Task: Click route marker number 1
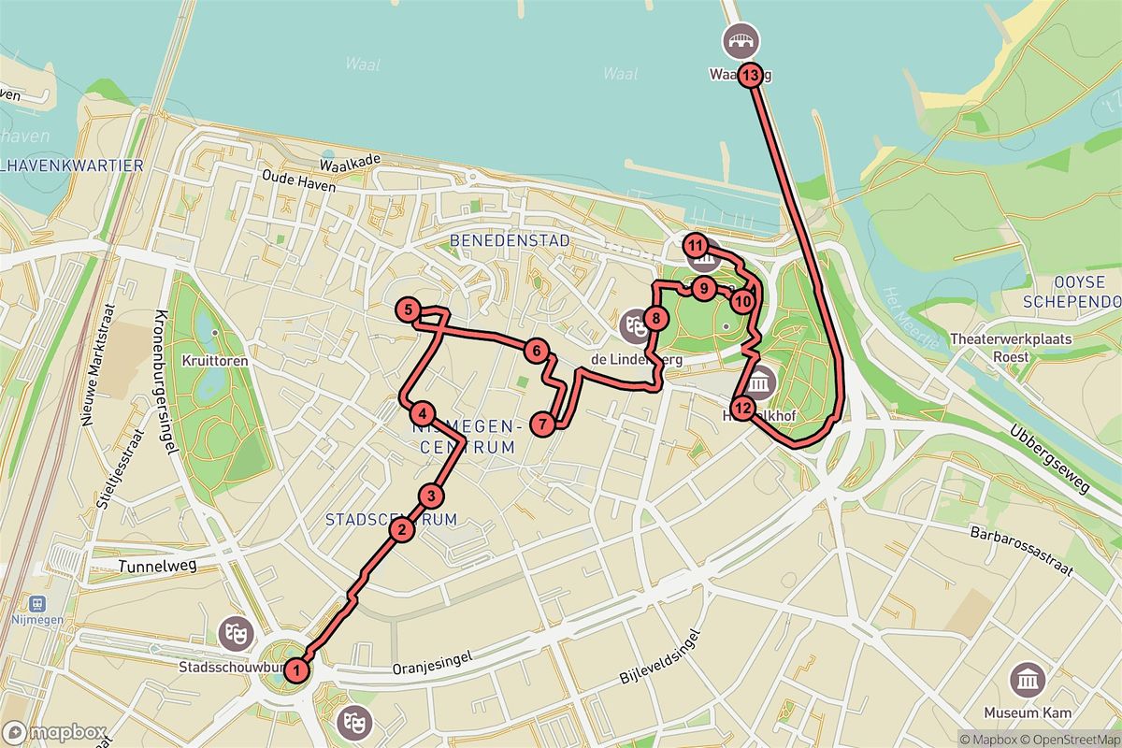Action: pyautogui.click(x=296, y=669)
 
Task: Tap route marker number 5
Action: pyautogui.click(x=407, y=309)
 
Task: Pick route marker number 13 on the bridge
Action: pyautogui.click(x=751, y=76)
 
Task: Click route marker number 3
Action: pyautogui.click(x=430, y=496)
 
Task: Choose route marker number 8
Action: pyautogui.click(x=657, y=319)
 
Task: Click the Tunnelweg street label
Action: pyautogui.click(x=154, y=566)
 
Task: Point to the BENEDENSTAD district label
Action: pyautogui.click(x=510, y=240)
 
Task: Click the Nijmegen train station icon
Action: pyautogui.click(x=39, y=605)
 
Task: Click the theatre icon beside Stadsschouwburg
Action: pyautogui.click(x=234, y=634)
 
